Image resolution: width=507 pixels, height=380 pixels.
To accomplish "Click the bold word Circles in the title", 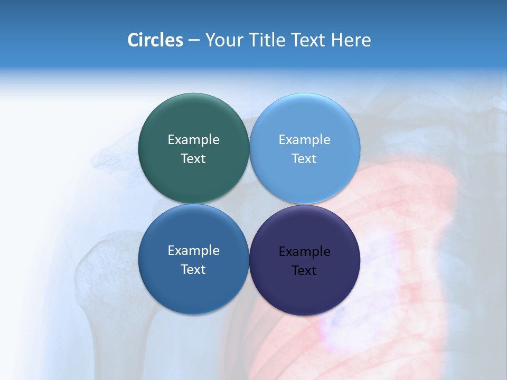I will (155, 40).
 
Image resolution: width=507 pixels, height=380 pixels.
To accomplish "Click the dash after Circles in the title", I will (194, 41).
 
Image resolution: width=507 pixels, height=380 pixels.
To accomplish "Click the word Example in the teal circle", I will (193, 139).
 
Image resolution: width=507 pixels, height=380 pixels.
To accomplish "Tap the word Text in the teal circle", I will (193, 158).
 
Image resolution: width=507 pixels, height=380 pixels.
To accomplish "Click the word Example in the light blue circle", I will (304, 139).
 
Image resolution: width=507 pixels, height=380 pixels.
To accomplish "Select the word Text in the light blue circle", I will (304, 158).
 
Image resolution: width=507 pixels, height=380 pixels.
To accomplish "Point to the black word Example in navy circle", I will (304, 251).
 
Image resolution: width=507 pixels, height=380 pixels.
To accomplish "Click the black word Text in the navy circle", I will (304, 270).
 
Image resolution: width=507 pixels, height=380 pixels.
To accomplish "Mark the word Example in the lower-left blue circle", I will (193, 250).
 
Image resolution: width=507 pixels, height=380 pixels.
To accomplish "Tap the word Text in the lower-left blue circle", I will (193, 269).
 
